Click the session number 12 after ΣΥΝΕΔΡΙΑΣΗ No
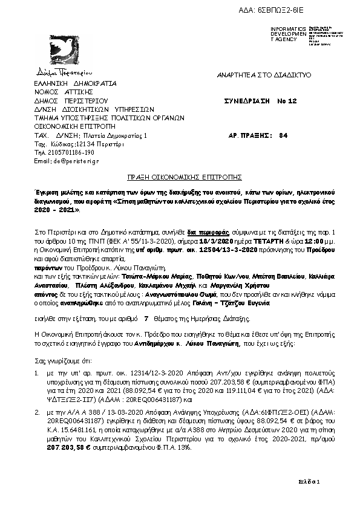[x=293, y=101]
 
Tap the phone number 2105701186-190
[x=64, y=153]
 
